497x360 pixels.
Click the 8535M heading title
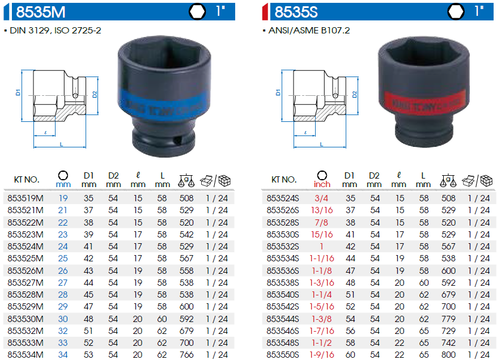[x=41, y=12]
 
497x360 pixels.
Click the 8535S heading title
[x=296, y=12]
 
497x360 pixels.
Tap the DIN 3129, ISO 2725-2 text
[x=56, y=31]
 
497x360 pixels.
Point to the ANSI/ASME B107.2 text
[x=309, y=31]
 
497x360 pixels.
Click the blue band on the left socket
[x=164, y=105]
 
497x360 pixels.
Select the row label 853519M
[x=26, y=198]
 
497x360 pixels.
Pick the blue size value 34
[x=63, y=354]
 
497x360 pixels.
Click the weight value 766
[x=186, y=354]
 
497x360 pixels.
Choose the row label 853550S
[x=283, y=354]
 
